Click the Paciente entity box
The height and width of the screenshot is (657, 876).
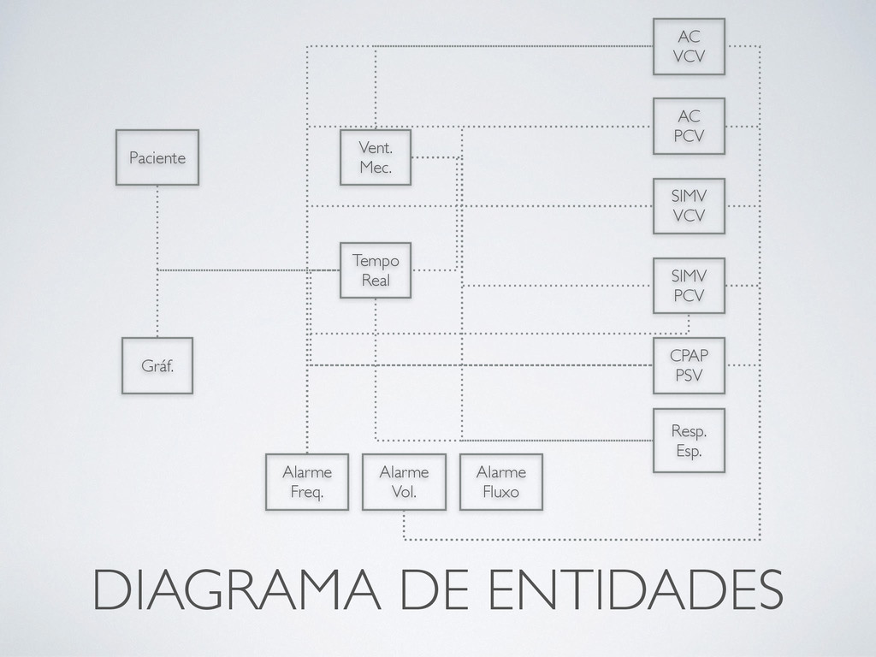[x=157, y=157]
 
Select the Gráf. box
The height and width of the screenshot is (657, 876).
[x=157, y=365]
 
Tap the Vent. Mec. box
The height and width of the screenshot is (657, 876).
[x=376, y=157]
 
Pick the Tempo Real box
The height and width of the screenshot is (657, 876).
[x=376, y=269]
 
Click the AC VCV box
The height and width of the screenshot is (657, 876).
[x=689, y=47]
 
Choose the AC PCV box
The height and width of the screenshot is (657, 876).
[x=689, y=126]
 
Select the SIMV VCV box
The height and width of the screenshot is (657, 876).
[x=689, y=206]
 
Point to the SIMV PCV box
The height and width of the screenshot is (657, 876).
[x=689, y=286]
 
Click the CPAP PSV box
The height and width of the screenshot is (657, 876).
[x=689, y=365]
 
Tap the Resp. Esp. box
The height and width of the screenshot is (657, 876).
[x=689, y=441]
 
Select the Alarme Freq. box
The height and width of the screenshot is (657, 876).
[x=307, y=482]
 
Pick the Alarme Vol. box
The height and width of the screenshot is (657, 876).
[x=404, y=482]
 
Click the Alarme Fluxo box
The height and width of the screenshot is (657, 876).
[x=501, y=482]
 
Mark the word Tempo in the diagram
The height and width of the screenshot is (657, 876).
[x=376, y=260]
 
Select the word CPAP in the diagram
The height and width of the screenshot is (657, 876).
[x=689, y=356]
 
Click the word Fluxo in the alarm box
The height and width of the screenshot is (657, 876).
[x=501, y=492]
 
